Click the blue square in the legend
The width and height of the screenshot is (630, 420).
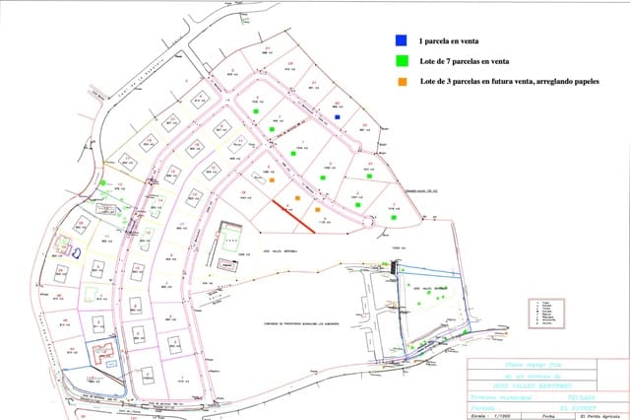tap(400, 41)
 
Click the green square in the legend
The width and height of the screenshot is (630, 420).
tap(400, 62)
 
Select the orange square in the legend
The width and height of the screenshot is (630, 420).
tap(400, 82)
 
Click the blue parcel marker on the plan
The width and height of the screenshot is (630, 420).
tap(338, 116)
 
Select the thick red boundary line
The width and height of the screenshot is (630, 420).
tap(293, 216)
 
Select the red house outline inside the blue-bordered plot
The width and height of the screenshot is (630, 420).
tap(100, 353)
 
